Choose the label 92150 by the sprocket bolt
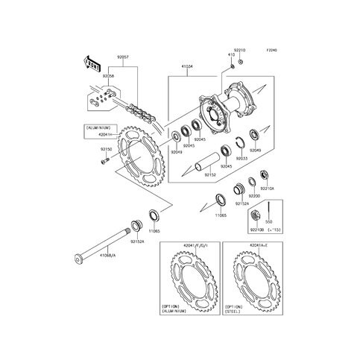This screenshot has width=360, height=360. click(106, 149)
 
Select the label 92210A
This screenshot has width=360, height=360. click(266, 189)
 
